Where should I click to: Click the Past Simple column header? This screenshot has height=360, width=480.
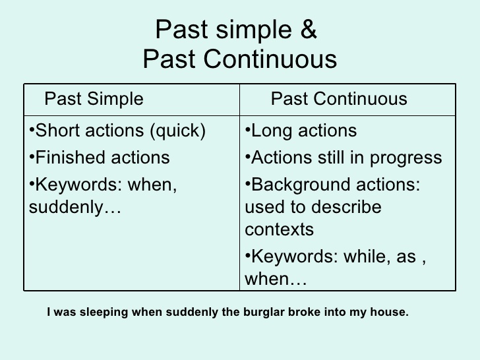[94, 100]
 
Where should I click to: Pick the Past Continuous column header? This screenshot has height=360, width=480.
[339, 100]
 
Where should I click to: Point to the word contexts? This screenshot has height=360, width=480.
[279, 229]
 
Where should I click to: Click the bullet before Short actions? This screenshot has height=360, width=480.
[33, 131]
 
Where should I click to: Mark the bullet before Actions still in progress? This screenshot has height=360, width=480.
[248, 158]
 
